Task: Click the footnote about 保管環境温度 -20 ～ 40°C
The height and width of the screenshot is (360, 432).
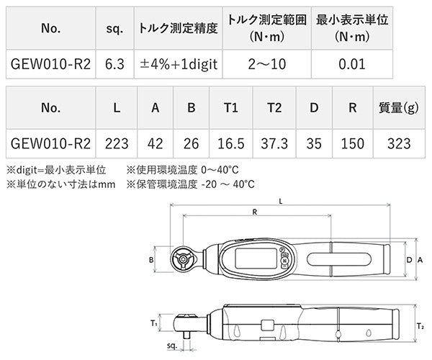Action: tap(190, 184)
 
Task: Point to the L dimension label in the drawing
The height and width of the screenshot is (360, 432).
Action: tap(281, 200)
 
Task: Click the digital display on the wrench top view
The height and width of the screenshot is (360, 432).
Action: tap(254, 258)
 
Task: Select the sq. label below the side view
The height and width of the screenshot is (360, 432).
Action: tap(172, 346)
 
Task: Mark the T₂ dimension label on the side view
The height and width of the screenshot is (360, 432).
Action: tap(420, 325)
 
